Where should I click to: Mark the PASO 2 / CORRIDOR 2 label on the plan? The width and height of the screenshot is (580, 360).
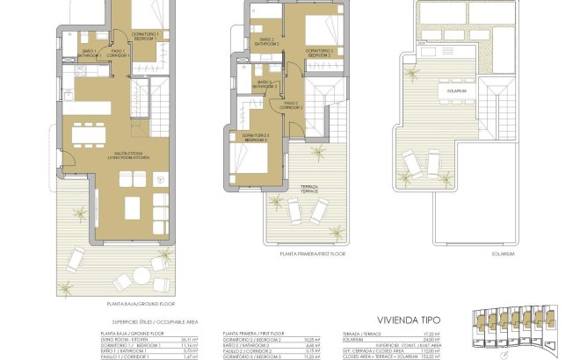pos(292,106)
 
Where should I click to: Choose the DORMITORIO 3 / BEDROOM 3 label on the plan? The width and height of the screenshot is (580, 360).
pos(256,138)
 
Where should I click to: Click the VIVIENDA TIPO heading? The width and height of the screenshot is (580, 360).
pos(407,321)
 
